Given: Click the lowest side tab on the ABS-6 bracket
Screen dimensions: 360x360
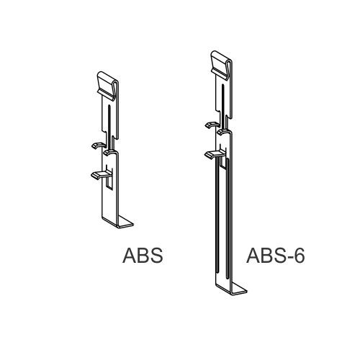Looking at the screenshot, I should pyautogui.click(x=214, y=153).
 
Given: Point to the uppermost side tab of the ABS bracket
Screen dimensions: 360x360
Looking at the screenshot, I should pyautogui.click(x=94, y=145).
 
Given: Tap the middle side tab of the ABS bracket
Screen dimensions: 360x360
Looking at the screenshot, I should pyautogui.click(x=109, y=153).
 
